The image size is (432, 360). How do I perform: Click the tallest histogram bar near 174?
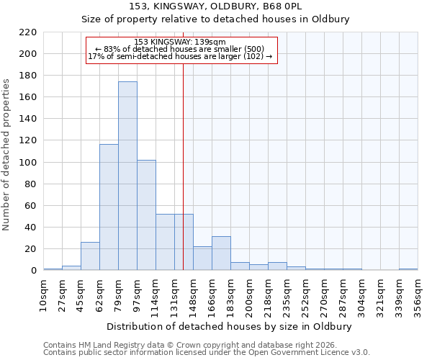(x=127, y=176)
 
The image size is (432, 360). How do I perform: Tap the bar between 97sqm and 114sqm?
(x=146, y=215)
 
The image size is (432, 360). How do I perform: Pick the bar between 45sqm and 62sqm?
(x=90, y=256)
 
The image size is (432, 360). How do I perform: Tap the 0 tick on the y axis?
(x=33, y=271)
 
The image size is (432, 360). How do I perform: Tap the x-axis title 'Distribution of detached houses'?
(x=230, y=326)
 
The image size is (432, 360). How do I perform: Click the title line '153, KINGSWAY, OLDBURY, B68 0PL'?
(x=230, y=6)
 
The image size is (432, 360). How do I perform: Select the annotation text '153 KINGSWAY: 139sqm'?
(x=180, y=42)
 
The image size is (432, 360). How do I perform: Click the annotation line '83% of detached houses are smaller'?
(x=180, y=49)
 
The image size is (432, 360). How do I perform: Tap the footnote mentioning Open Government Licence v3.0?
(x=206, y=353)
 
